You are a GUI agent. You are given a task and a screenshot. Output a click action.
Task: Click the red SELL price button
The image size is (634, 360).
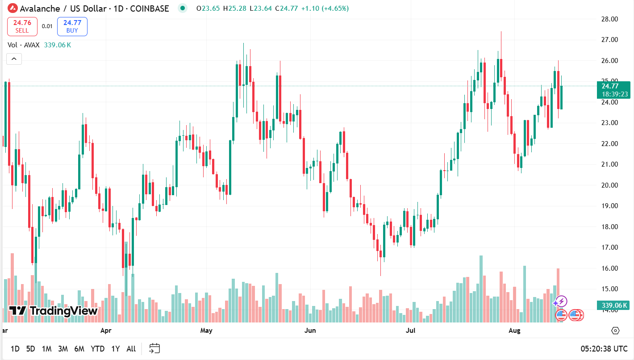[22, 26]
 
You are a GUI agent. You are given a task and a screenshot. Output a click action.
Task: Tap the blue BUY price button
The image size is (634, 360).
[72, 26]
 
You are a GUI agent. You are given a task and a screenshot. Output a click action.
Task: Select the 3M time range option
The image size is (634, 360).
[63, 349]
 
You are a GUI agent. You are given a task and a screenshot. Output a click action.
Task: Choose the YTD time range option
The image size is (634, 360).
[97, 349]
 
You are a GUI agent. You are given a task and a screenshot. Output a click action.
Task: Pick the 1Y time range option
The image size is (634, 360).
[116, 349]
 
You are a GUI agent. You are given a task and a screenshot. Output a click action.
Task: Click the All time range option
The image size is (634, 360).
[131, 349]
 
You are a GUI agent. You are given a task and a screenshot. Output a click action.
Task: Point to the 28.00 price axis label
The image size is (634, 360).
[609, 19]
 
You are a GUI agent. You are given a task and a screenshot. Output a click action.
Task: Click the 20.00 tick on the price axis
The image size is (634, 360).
[609, 185]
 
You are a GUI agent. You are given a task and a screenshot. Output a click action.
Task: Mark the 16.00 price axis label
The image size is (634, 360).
[609, 268]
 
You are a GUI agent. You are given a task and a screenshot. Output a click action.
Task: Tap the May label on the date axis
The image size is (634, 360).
[206, 331]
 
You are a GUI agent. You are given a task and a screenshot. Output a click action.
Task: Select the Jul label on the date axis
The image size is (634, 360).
[410, 331]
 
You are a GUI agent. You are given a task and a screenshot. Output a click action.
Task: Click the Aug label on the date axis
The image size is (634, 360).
[515, 331]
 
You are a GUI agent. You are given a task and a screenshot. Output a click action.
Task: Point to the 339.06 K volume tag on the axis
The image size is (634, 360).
[614, 306]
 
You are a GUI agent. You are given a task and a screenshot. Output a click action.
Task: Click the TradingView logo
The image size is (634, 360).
[54, 311]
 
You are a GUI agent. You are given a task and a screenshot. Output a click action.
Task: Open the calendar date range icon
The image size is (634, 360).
[154, 348]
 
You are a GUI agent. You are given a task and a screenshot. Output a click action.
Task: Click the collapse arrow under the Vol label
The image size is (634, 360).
[14, 59]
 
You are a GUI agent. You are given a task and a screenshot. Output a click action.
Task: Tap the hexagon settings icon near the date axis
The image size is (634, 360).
[615, 331]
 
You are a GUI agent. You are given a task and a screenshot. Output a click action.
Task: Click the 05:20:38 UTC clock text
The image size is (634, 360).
[604, 349]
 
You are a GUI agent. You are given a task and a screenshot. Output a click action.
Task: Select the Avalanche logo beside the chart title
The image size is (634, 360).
[12, 8]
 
